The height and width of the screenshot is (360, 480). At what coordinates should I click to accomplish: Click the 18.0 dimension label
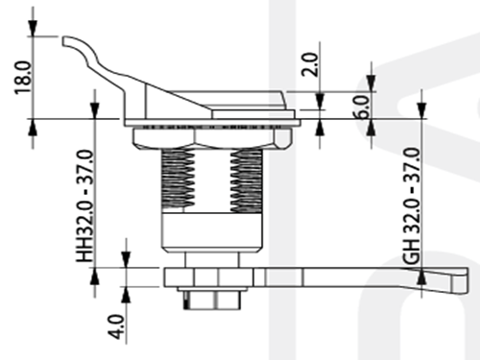click(23, 77)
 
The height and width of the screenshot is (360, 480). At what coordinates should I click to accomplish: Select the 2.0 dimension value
click(310, 64)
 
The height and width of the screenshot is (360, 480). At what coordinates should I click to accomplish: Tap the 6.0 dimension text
click(363, 108)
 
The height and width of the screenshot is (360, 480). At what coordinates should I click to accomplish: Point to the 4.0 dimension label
click(115, 326)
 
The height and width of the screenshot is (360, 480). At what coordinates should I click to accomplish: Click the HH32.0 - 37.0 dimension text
click(85, 205)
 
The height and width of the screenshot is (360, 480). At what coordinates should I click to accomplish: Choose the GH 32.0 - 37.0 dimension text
click(412, 206)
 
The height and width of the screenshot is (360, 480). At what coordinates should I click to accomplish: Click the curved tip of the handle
click(65, 41)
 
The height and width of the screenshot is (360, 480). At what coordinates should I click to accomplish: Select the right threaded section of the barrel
click(247, 180)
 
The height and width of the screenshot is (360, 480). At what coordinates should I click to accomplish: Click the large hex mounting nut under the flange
click(213, 137)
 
